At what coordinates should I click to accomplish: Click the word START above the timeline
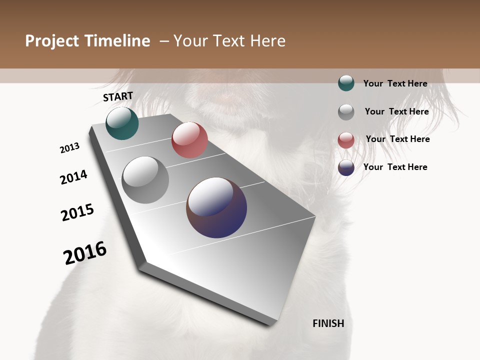118,96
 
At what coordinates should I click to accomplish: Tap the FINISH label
328,323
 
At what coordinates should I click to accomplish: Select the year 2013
69,148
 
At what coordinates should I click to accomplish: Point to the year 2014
73,177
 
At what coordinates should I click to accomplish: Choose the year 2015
77,212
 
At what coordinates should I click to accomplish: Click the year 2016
85,252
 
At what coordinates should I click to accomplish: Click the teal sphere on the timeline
122,123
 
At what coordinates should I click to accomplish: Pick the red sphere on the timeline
189,140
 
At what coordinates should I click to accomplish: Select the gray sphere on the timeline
145,180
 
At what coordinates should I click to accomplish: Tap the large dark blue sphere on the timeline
216,207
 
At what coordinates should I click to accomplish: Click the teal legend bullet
346,83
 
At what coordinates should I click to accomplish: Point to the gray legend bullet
346,111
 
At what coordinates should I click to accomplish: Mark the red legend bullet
346,140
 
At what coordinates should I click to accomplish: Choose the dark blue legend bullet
346,167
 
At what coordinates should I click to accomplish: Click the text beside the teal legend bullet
395,83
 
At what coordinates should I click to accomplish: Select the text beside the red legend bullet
397,139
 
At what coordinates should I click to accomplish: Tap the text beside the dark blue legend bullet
395,167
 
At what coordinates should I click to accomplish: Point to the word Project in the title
51,41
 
